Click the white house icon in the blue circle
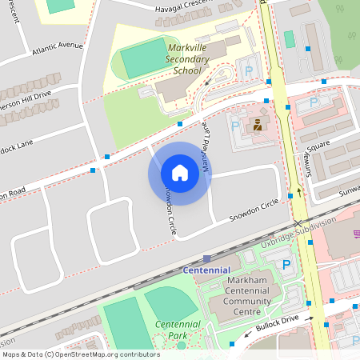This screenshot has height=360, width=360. pyautogui.click(x=180, y=173)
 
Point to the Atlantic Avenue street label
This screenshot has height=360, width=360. pyautogui.click(x=58, y=50)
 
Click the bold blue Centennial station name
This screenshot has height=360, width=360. pyautogui.click(x=206, y=270)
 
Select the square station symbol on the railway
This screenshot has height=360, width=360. pyautogui.click(x=206, y=258)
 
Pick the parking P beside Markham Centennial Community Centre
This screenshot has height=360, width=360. pyautogui.click(x=286, y=265)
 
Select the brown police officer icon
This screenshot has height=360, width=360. pyautogui.click(x=258, y=125)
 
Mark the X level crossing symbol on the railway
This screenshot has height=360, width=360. pyautogui.click(x=298, y=224)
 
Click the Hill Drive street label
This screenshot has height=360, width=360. pyautogui.click(x=29, y=94)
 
